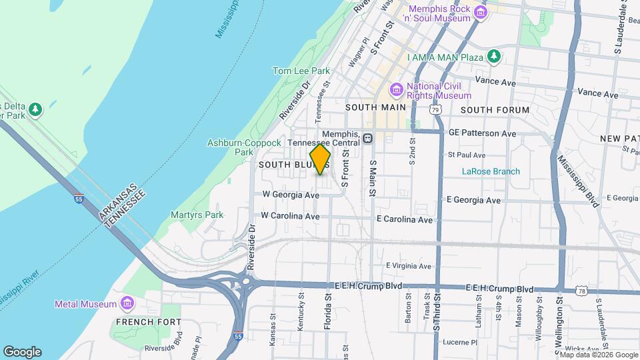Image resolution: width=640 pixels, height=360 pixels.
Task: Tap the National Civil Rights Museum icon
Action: (396, 89)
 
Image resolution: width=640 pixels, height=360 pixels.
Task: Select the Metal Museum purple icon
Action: (127, 305)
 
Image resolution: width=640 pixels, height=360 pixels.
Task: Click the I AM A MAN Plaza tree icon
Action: (494, 56)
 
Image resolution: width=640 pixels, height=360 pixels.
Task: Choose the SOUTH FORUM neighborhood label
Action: (495, 110)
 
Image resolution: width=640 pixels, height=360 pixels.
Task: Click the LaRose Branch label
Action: (491, 171)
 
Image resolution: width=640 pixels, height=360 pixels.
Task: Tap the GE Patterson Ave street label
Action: (482, 133)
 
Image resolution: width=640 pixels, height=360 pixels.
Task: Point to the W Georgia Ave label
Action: (291, 195)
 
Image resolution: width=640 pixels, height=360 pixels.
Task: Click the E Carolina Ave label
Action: (405, 219)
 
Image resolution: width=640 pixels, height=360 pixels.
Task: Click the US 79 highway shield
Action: (435, 110)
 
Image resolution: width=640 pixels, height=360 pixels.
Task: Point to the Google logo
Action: (22, 352)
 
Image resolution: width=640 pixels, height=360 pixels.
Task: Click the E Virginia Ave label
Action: (408, 266)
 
